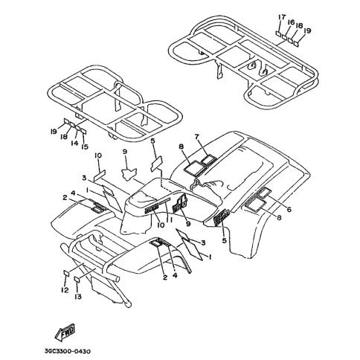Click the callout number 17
[x=281, y=17]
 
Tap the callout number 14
[x=74, y=143]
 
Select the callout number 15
[x=85, y=147]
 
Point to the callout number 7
[x=197, y=136]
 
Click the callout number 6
[x=289, y=210]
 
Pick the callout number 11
[x=170, y=219]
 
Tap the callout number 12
[x=65, y=290]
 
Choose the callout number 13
[x=78, y=296]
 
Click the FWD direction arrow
[x=65, y=332]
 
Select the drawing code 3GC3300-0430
[x=68, y=351]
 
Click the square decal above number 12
[x=66, y=273]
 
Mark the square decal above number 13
[x=77, y=280]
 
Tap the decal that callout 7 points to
[x=208, y=159]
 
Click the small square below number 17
[x=278, y=33]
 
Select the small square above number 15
[x=84, y=131]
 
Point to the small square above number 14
[x=78, y=129]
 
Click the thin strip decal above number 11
[x=164, y=203]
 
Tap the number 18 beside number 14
[x=64, y=136]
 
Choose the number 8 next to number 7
[x=181, y=147]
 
